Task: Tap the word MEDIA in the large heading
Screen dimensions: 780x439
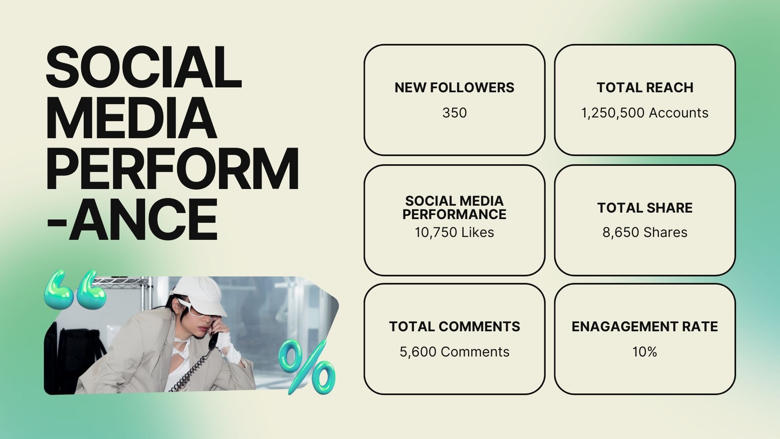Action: (x=131, y=118)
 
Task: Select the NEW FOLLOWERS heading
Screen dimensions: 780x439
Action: (x=454, y=87)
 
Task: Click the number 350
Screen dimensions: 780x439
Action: (x=454, y=113)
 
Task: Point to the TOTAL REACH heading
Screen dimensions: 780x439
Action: (x=645, y=87)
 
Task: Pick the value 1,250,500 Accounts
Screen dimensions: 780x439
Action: (x=645, y=113)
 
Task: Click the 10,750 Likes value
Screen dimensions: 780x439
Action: (x=454, y=232)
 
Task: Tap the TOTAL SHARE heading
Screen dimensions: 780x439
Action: (x=645, y=208)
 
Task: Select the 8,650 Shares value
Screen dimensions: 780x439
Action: (x=645, y=232)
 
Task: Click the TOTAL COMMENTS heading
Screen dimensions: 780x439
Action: (x=454, y=326)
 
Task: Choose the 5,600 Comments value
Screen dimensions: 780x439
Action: (x=454, y=352)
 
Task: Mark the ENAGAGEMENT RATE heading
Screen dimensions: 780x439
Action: (x=645, y=326)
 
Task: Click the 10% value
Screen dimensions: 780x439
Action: (x=645, y=352)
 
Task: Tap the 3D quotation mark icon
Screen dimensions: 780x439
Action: (x=75, y=289)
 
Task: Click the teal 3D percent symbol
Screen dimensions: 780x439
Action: (x=308, y=367)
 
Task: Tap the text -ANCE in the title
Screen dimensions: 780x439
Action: (x=132, y=219)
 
